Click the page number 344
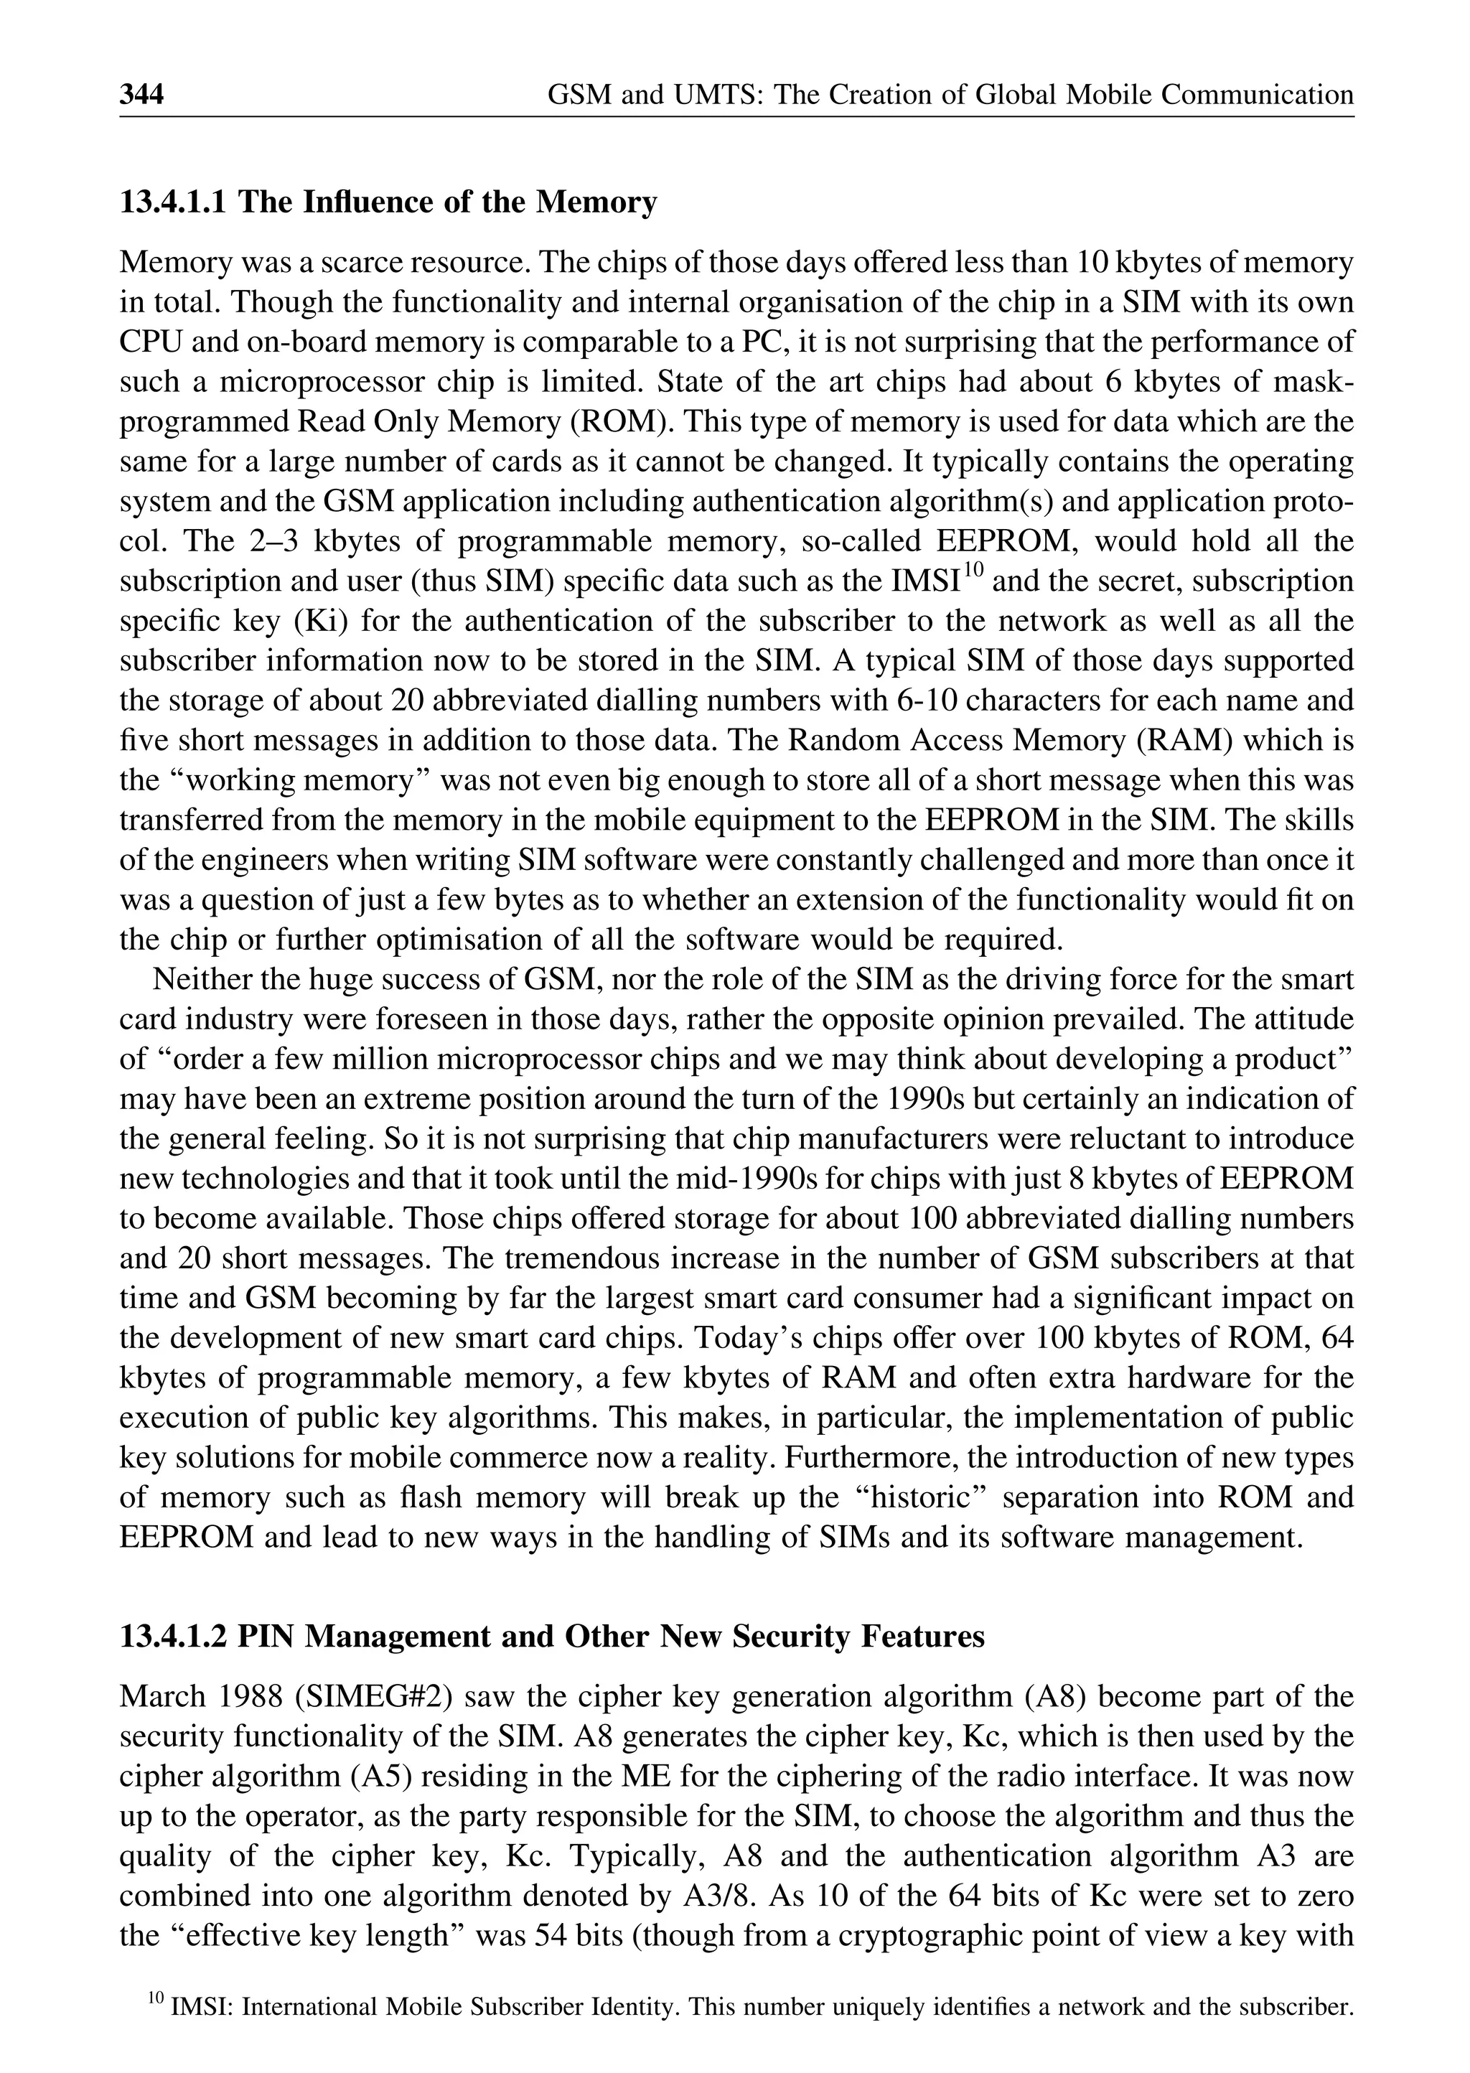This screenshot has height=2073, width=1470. (141, 95)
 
